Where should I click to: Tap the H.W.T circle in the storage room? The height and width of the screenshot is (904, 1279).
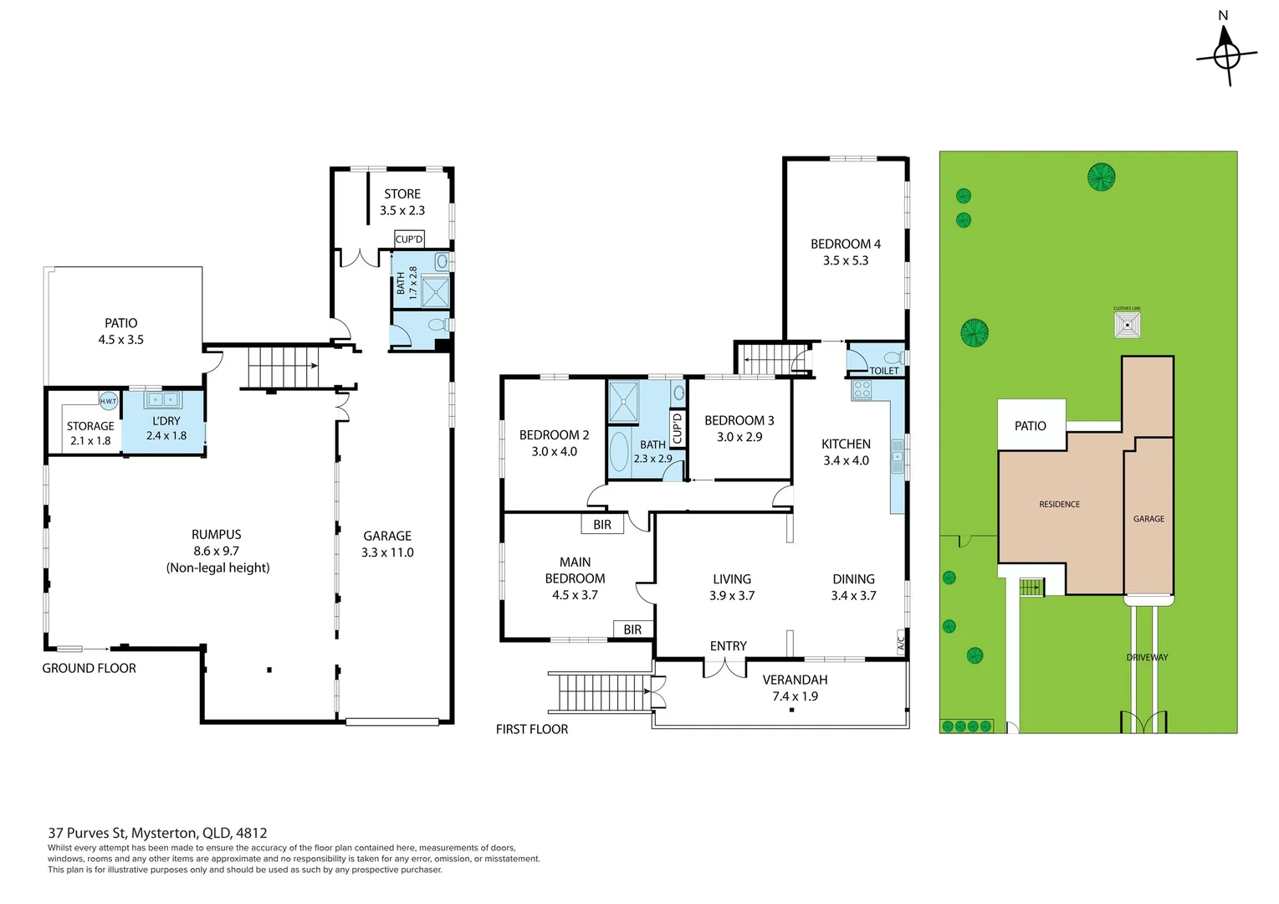point(109,401)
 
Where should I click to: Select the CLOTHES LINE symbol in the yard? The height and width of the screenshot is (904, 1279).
point(1127,326)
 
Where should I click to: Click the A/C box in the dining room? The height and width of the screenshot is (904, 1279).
point(901,641)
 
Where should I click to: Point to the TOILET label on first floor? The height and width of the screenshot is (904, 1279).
point(884,370)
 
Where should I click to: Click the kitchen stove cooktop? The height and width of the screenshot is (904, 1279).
point(862,390)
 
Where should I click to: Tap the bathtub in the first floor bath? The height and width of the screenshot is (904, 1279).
point(619,451)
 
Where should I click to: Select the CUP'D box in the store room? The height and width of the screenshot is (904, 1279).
point(409,239)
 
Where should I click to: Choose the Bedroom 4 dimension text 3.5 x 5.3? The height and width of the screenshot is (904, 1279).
point(846,260)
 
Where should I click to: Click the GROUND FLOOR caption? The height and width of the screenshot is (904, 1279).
point(89,668)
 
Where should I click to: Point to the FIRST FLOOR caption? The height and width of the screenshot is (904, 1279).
point(531,729)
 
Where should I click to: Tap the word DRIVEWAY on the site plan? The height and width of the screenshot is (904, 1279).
point(1147,657)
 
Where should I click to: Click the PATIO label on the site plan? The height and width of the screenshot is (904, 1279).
point(1030,426)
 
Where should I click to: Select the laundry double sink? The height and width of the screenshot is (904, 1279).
point(163,399)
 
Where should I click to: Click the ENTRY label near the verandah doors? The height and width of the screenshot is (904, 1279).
point(728,645)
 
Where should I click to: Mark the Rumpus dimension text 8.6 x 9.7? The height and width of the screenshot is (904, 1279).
point(217,551)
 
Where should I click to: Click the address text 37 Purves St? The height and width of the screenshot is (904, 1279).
point(88,833)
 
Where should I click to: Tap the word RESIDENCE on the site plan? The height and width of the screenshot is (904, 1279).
point(1059,504)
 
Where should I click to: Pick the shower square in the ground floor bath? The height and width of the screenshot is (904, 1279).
point(435,290)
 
